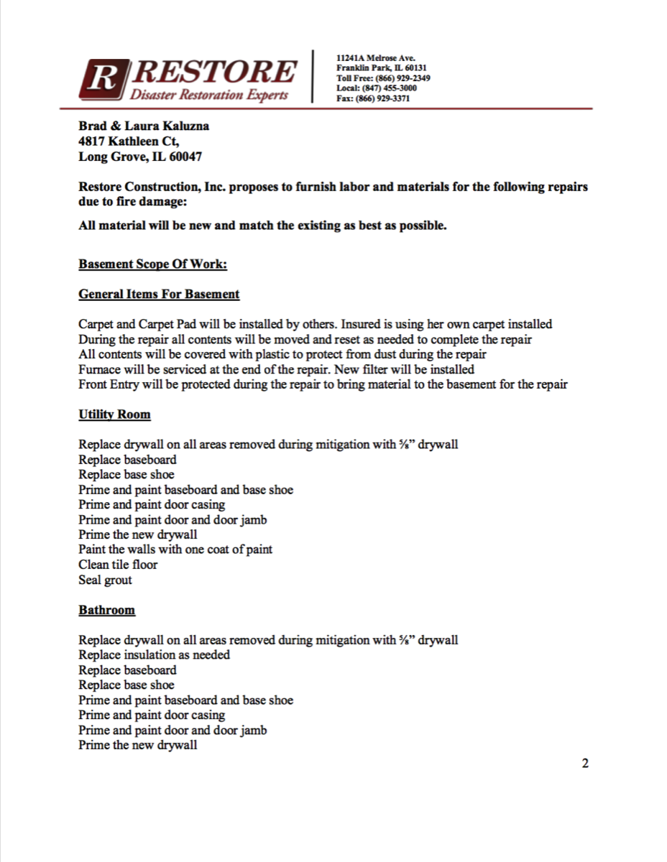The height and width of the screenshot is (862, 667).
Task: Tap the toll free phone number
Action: coord(404,78)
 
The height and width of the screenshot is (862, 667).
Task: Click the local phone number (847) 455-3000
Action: coord(391,88)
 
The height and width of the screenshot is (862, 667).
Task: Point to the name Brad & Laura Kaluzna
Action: coord(144,126)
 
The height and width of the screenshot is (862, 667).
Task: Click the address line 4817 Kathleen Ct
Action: coord(129,142)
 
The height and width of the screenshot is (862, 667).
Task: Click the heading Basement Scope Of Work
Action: coord(152,264)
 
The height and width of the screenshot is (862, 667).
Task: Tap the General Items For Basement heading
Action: coord(159,294)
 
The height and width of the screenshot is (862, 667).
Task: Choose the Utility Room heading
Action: coord(114,414)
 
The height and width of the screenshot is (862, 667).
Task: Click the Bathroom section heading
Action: coord(106,610)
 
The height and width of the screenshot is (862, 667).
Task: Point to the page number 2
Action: coord(585,763)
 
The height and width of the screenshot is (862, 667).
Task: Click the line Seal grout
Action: coord(105,580)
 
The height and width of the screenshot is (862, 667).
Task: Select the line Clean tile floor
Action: coord(118,565)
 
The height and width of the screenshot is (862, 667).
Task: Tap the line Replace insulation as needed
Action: coord(154,654)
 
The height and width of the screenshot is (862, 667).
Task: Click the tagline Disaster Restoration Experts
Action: coord(209,95)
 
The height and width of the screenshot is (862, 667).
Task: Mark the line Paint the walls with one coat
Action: coord(175,550)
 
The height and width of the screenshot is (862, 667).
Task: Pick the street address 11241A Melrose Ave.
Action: coord(375,57)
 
